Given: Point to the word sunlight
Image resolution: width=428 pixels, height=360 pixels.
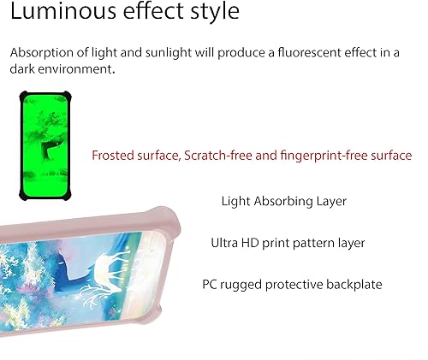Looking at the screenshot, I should pyautogui.click(x=158, y=52).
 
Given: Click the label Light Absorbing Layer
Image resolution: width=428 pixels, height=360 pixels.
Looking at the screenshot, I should pyautogui.click(x=283, y=201).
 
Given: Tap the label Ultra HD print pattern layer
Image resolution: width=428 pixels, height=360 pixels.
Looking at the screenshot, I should pyautogui.click(x=288, y=243).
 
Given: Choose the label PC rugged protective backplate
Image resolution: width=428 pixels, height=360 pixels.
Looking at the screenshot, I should pyautogui.click(x=292, y=284).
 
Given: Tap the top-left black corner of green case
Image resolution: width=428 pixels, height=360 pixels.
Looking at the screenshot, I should pyautogui.click(x=23, y=97).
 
